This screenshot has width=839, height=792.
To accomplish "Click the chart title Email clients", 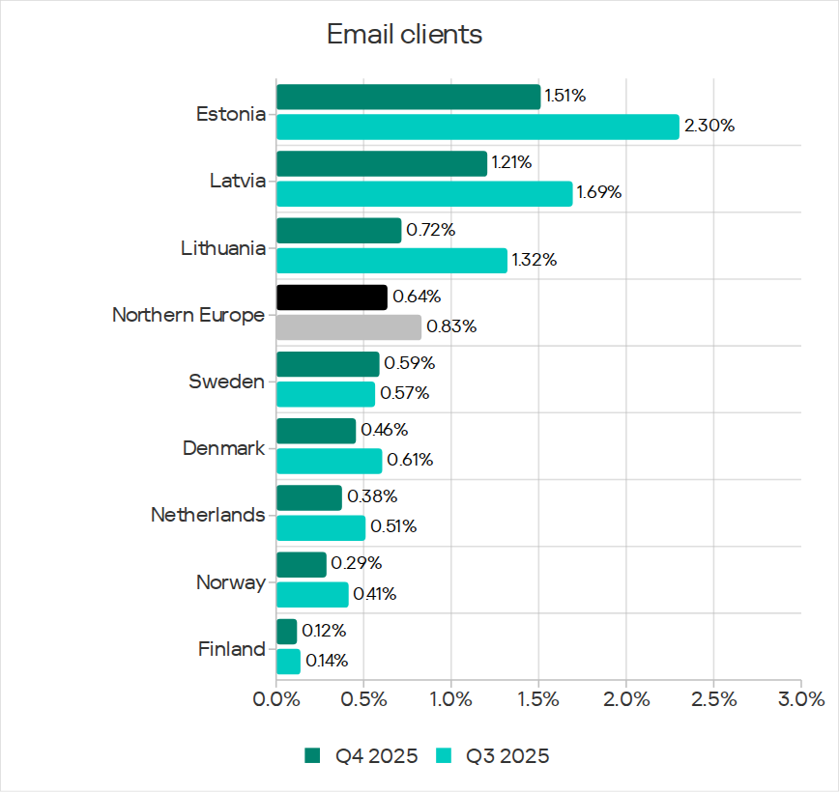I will pos(404,35).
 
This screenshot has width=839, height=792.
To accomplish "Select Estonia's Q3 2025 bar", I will pos(477,127).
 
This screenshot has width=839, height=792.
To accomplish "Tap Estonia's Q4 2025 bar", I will pos(408,97).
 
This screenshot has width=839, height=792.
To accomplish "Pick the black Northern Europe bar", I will pos(332,297).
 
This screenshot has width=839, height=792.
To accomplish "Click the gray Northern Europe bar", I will pos(349,326).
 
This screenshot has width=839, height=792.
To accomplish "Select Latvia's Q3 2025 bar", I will pos(424,193).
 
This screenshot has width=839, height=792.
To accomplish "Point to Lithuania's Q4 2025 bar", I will pos(338,230).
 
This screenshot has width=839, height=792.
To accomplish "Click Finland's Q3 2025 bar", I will pos(288,661).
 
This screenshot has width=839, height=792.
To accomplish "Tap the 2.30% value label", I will pos(709,127).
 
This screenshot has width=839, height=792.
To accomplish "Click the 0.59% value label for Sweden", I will pos(409,364).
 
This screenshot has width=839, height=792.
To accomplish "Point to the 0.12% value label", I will pos(323,631).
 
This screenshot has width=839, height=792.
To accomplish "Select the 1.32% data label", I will pos(535,260).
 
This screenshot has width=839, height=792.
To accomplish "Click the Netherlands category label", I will pos(208,515).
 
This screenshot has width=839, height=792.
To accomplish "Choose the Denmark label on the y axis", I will pos(223,448).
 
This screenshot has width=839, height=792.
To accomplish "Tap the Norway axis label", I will pos(230,582).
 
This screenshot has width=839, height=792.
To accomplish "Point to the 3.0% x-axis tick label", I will pos(801,698).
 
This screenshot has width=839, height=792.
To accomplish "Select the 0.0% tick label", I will pos(276,698).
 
